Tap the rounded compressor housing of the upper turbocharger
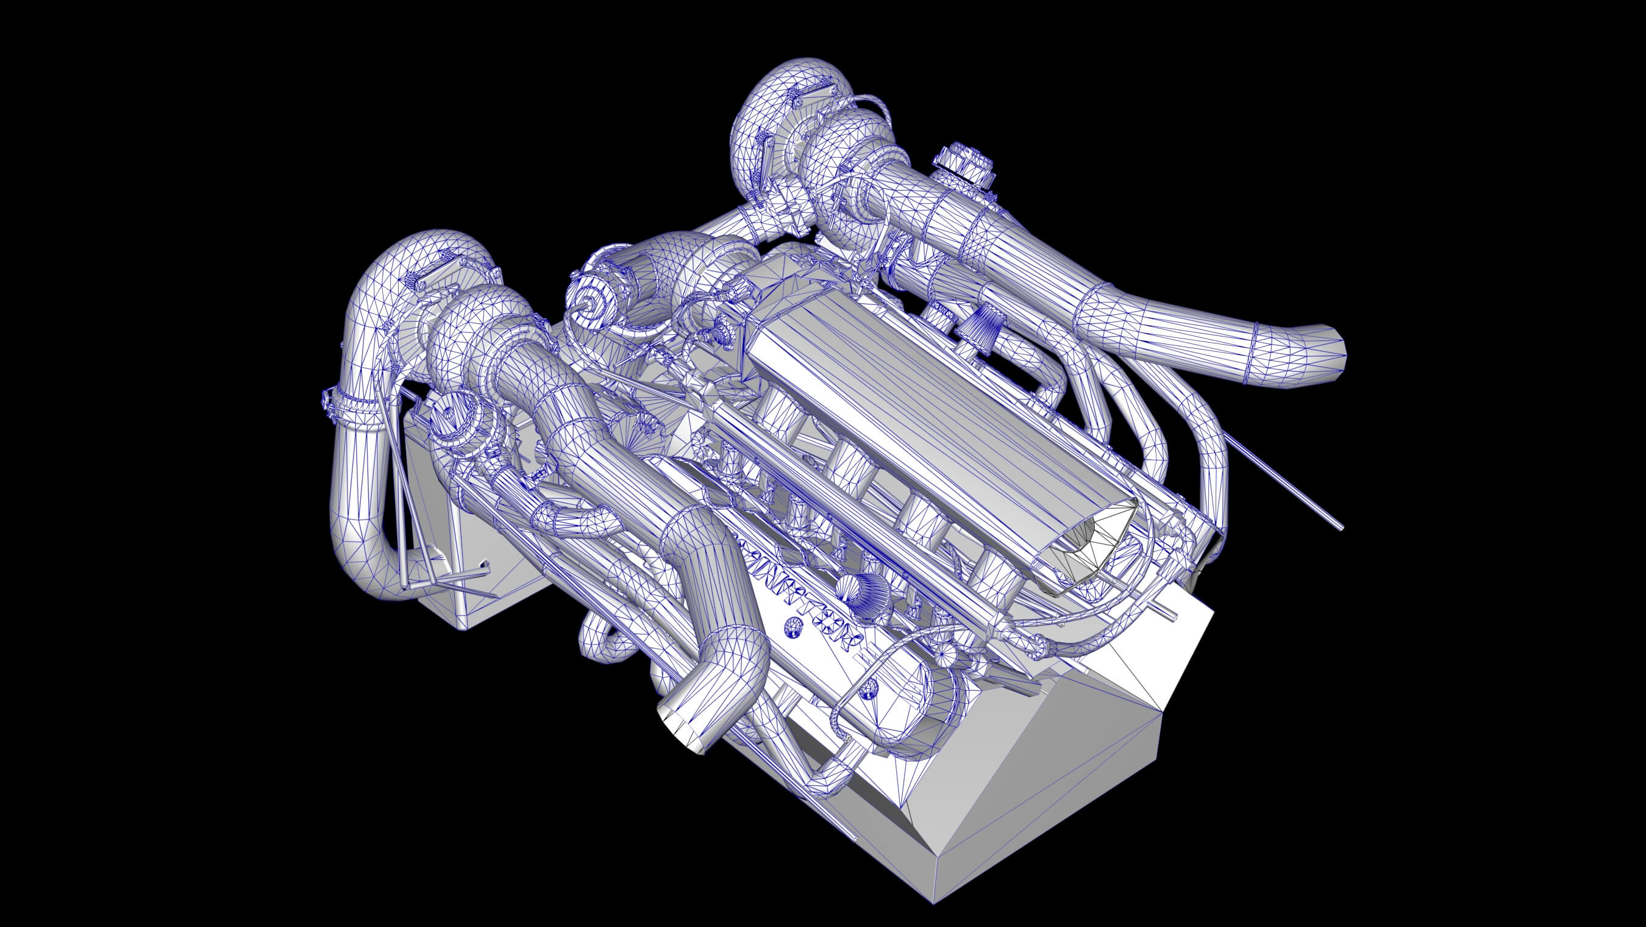767,115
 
